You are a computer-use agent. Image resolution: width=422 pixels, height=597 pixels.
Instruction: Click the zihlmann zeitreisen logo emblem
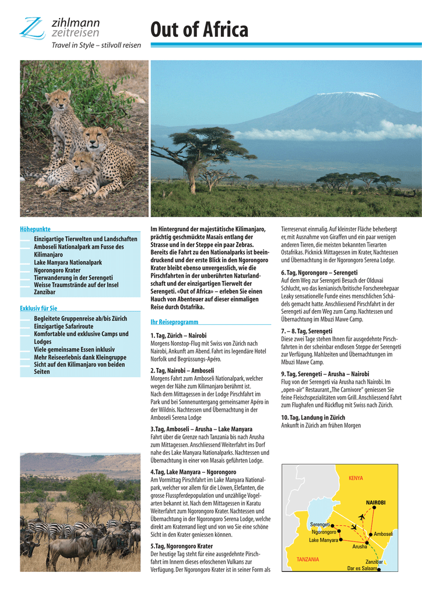tap(32, 27)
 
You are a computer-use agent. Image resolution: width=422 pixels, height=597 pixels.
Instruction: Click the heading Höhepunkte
tap(35, 230)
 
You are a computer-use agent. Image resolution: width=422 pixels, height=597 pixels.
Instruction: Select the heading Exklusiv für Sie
tap(38, 308)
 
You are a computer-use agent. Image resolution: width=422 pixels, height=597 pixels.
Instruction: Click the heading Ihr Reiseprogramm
tap(174, 322)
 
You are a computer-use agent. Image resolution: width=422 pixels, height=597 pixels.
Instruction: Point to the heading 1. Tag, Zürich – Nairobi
tap(178, 335)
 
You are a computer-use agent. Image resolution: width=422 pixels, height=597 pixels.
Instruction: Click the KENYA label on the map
tap(356, 478)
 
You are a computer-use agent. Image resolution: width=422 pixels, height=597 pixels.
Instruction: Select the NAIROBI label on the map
tap(375, 502)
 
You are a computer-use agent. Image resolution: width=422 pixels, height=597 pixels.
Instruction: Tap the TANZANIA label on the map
tap(307, 559)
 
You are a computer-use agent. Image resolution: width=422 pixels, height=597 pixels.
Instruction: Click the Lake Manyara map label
tap(323, 540)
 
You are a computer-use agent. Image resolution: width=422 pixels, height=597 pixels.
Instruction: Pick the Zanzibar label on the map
tap(374, 561)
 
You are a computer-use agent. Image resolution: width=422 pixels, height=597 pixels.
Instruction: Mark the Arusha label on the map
tap(360, 547)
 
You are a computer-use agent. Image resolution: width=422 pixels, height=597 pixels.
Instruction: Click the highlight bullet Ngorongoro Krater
tap(57, 271)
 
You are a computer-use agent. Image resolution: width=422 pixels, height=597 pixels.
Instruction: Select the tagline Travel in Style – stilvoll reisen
tap(96, 45)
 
